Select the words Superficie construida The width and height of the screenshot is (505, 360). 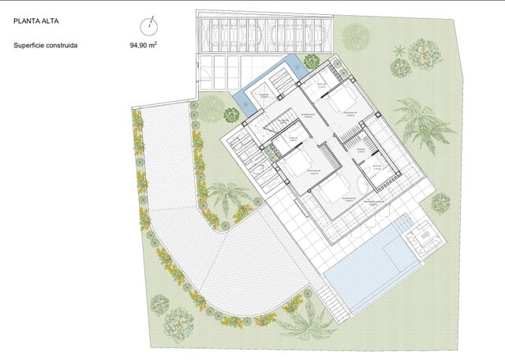coord(45,45)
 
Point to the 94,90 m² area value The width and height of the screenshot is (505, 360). coord(143,45)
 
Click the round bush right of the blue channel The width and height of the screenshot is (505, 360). coord(311,60)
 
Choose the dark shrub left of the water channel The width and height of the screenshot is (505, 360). coord(230,115)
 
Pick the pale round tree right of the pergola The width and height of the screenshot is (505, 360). coord(356,35)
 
